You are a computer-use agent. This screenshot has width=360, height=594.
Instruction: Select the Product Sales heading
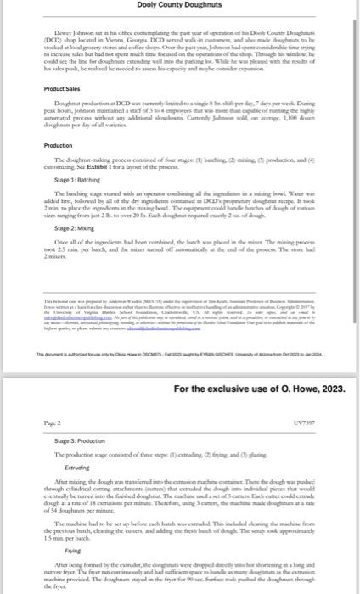click(63, 113)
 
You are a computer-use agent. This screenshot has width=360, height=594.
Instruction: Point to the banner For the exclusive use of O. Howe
click(259, 389)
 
